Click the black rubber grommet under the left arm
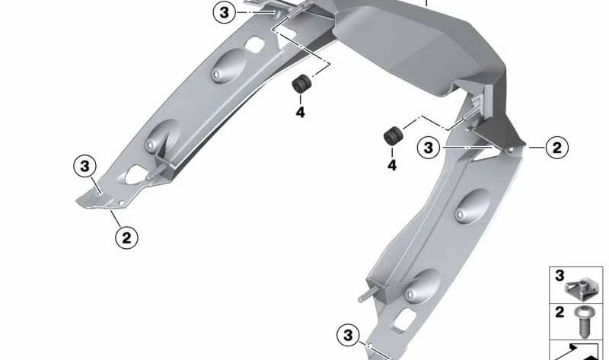301,84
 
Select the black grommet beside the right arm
393,136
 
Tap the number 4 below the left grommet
300,112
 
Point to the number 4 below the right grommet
392,165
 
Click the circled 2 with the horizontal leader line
557,148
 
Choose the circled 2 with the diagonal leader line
126,237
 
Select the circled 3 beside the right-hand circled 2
429,148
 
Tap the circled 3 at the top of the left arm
224,12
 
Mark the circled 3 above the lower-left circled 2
84,166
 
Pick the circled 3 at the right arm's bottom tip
348,335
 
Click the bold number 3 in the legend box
560,276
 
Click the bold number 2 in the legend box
560,312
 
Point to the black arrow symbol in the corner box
578,352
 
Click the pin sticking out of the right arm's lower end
368,296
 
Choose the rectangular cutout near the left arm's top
255,45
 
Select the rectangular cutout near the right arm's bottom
403,320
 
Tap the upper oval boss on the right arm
473,206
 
